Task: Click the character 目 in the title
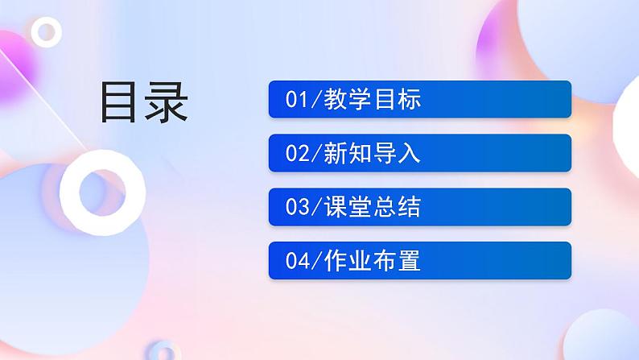[x=120, y=102]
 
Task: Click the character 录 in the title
[x=166, y=102]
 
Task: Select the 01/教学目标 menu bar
[x=419, y=100]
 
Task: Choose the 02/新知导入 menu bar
[x=419, y=153]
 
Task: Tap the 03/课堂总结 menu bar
[x=419, y=207]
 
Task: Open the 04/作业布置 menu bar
[x=419, y=261]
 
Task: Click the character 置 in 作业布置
[x=410, y=261]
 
